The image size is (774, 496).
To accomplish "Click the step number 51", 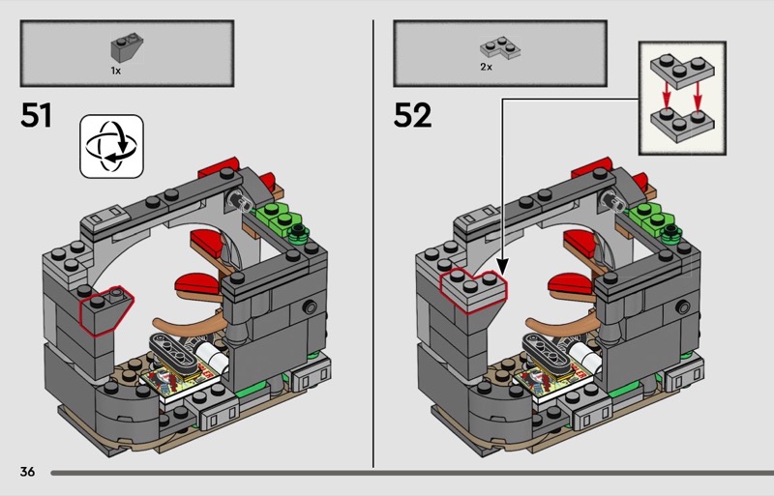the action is pos(36,115).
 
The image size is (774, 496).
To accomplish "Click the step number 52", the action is pos(412,115).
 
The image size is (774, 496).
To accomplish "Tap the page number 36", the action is pos(27,472).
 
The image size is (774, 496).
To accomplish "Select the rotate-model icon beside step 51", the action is pos(111,146).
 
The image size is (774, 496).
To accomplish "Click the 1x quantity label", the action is pos(115,72).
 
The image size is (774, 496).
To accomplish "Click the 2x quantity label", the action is pos(487,67).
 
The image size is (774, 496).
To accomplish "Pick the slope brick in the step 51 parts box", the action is pos(127,48).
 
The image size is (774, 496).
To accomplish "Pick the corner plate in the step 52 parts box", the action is pos(500,47).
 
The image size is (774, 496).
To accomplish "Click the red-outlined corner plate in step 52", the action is pos(473,290).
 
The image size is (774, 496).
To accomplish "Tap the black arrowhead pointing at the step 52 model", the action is pos(502,268).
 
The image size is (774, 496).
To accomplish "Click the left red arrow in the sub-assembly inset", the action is pos(667,96).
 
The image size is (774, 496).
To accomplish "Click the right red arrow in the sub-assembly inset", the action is pos(697,96).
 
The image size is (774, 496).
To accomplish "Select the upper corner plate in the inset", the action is pos(682,73).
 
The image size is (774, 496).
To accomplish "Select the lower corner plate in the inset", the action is pos(682,126).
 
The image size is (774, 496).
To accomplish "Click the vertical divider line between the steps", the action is pos(373,244).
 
